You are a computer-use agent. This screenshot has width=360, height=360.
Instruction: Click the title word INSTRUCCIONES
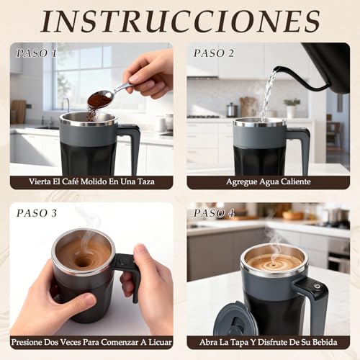pos(180,22)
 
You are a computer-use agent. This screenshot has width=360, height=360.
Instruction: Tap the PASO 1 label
pos(38,53)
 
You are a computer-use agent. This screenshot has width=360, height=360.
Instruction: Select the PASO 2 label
pos(215,53)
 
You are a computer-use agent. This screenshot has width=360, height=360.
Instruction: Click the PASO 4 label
pos(215,213)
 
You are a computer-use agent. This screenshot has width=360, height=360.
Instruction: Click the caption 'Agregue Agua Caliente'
pos(269,183)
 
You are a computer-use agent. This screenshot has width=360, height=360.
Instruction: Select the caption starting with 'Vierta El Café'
pos(91,183)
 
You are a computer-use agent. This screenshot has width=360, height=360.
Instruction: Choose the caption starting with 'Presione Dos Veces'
pos(91,343)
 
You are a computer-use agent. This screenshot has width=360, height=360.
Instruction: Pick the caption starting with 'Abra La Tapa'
pos(269,343)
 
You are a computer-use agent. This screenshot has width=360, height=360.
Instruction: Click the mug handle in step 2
pos(300,144)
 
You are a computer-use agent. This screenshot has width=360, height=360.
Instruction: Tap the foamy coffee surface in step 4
pos(274,261)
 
